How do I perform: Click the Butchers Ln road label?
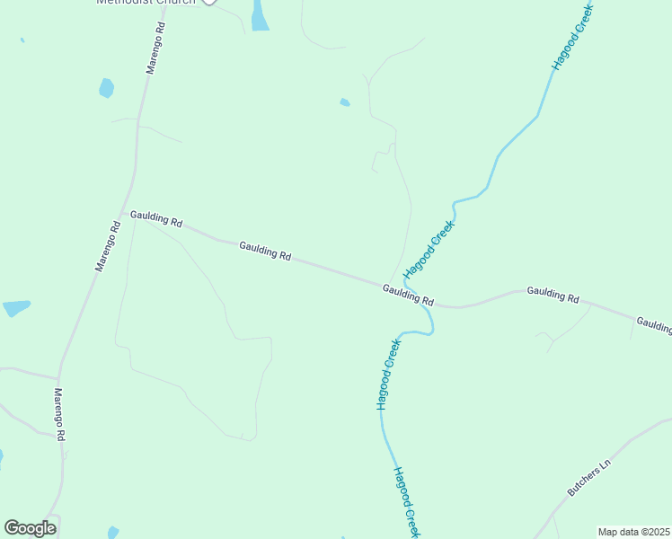pyautogui.click(x=588, y=477)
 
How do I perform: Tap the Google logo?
pyautogui.click(x=30, y=528)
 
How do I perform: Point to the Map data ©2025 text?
pyautogui.click(x=633, y=532)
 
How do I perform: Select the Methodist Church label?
pyautogui.click(x=146, y=2)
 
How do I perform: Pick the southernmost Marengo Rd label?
pyautogui.click(x=59, y=414)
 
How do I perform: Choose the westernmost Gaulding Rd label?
pyautogui.click(x=156, y=218)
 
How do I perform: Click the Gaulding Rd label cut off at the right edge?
pyautogui.click(x=654, y=324)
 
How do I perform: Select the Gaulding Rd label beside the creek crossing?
pyautogui.click(x=408, y=295)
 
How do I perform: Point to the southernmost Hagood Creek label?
pyautogui.click(x=406, y=502)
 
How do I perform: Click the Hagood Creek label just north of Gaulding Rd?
pyautogui.click(x=429, y=248)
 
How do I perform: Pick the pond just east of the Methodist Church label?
pyautogui.click(x=260, y=15)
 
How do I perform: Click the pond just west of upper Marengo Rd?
pyautogui.click(x=106, y=87)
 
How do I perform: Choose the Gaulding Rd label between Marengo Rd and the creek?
pyautogui.click(x=265, y=251)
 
